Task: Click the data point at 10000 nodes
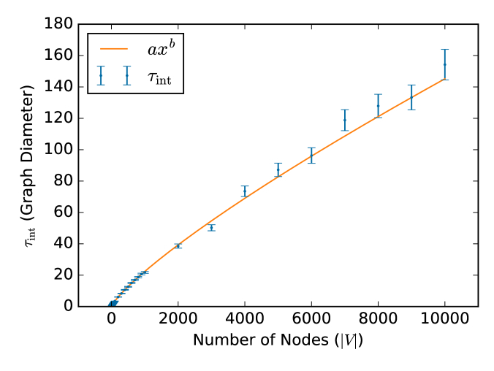[x=444, y=64]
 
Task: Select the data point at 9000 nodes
[x=411, y=97]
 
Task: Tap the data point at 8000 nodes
[x=378, y=106]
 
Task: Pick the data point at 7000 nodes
[x=345, y=120]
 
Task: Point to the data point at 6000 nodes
[x=311, y=156]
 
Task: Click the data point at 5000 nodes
[x=278, y=169]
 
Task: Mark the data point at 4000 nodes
[x=245, y=191]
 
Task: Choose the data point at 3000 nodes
[x=211, y=228]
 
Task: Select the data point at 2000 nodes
[x=178, y=246]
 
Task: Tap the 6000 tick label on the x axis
[x=311, y=319]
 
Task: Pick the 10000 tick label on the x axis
[x=444, y=319]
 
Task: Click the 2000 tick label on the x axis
[x=178, y=319]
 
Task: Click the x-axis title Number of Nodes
[x=278, y=340]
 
